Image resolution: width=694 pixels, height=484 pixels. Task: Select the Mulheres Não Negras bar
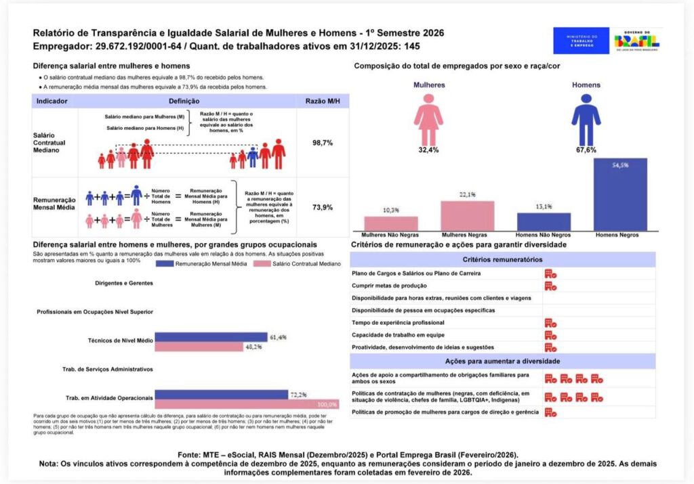coord(391,223)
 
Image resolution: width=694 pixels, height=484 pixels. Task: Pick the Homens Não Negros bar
coord(544,221)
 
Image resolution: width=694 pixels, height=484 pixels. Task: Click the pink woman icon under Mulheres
coord(428,119)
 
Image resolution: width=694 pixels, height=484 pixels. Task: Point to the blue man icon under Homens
coord(586,119)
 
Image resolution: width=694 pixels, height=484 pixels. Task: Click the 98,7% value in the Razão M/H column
coord(322,144)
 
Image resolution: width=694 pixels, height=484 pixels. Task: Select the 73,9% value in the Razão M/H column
coord(322,208)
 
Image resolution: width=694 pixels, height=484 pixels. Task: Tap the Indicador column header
coord(52,101)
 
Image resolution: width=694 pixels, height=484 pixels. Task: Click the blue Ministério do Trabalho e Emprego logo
coord(581,41)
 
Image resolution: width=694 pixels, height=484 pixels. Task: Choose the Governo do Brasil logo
coord(637,41)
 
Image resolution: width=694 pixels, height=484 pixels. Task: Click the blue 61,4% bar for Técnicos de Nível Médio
coord(211,337)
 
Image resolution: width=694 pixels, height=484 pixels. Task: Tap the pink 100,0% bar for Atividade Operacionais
coord(247,404)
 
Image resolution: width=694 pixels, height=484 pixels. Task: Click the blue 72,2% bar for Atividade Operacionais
coord(222,395)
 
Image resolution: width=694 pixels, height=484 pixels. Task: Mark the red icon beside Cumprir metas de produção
coord(550,286)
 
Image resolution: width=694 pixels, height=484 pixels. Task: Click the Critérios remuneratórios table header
coord(502,259)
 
